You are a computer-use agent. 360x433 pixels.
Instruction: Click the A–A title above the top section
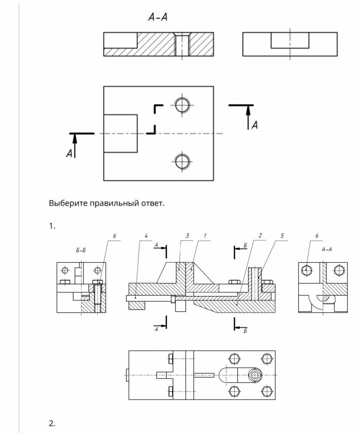click(158, 17)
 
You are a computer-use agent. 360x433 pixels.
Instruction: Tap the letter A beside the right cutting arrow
click(255, 125)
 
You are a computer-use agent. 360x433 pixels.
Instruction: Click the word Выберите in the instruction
click(69, 203)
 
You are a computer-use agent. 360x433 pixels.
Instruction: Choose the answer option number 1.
click(52, 226)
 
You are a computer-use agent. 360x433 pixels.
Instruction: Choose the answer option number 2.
click(52, 423)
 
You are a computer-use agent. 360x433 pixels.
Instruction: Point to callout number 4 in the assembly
click(146, 236)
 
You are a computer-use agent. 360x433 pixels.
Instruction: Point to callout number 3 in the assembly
click(187, 236)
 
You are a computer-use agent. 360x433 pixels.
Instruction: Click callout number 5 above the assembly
click(282, 236)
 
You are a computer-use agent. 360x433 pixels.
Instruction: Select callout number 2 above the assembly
click(260, 236)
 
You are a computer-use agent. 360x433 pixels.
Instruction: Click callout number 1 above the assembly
click(205, 236)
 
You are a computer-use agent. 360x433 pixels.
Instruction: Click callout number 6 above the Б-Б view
click(114, 236)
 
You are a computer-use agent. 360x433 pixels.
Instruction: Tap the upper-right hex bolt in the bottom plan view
click(266, 359)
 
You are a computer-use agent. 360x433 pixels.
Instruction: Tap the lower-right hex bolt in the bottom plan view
click(266, 391)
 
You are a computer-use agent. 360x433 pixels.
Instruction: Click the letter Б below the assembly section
click(245, 330)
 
